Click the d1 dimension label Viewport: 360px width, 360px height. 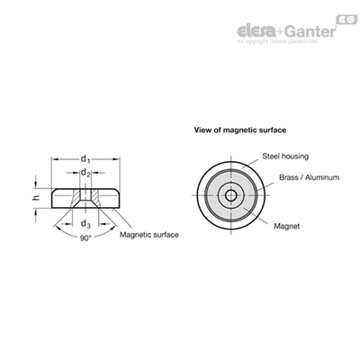[x=85, y=158]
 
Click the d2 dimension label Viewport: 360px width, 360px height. [x=85, y=173]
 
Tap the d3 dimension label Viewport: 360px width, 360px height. [x=85, y=224]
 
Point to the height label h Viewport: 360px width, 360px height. [x=36, y=198]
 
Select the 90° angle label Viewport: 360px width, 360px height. [x=85, y=238]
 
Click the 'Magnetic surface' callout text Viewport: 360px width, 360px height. [x=149, y=235]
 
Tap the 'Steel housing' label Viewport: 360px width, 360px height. [x=285, y=157]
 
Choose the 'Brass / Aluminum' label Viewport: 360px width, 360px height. [x=310, y=177]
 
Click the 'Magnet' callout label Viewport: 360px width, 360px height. [x=287, y=226]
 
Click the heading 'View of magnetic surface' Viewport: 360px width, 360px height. [x=240, y=130]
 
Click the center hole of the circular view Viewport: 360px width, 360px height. [x=230, y=195]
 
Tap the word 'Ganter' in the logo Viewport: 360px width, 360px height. [x=310, y=31]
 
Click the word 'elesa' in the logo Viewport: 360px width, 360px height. [x=256, y=31]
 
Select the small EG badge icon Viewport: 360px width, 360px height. [x=347, y=19]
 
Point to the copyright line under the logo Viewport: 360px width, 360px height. [x=277, y=41]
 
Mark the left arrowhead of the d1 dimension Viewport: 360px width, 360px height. [x=54, y=158]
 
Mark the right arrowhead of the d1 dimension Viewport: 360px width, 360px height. [x=117, y=158]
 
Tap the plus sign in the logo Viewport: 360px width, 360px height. [x=280, y=31]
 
